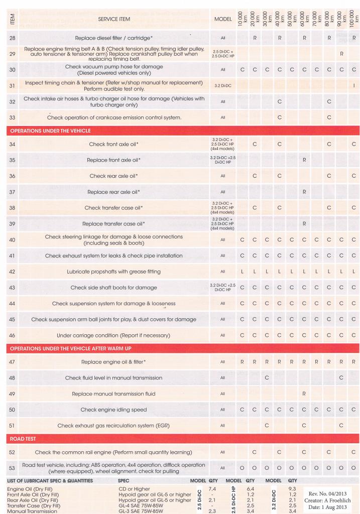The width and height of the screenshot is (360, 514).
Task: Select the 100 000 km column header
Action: pos(354,19)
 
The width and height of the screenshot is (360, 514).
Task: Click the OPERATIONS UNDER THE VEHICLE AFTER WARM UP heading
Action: pos(70,348)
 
